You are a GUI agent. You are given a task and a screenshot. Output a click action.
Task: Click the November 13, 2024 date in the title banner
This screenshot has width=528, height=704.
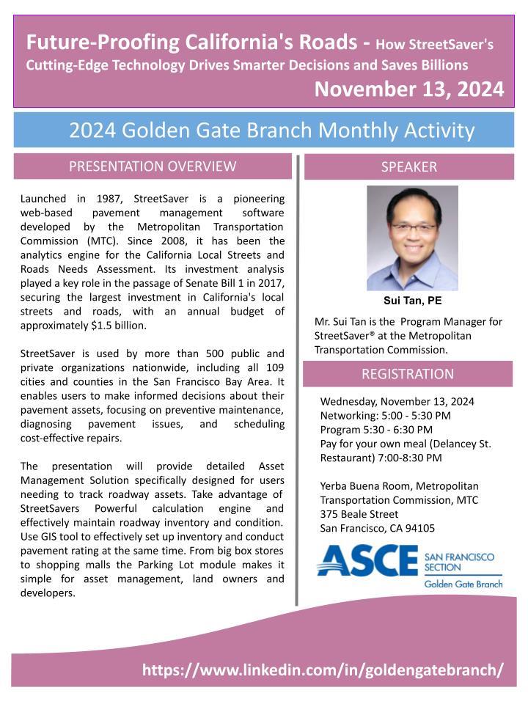tap(408, 89)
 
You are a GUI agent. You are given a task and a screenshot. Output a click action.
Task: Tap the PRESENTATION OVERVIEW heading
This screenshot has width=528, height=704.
tap(153, 166)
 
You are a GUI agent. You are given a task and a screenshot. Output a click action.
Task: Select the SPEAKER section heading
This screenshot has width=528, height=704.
tap(408, 166)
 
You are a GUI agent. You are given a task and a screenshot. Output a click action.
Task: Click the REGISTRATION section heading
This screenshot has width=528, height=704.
tap(408, 374)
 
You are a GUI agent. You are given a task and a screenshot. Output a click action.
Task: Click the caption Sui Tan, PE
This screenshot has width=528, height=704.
tap(412, 301)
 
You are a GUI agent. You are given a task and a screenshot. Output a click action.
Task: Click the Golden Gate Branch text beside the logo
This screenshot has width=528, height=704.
tap(463, 584)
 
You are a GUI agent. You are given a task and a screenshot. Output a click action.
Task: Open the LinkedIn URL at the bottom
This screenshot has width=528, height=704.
tap(323, 670)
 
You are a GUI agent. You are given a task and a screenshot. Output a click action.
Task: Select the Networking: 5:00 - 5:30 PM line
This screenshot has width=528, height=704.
tap(386, 415)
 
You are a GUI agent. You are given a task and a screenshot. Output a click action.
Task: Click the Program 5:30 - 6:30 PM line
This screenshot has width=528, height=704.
tap(376, 429)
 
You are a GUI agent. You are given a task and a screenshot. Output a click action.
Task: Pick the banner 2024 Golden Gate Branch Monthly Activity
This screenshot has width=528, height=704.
tap(271, 131)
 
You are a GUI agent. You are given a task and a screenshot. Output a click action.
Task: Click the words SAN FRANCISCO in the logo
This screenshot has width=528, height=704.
tap(460, 558)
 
